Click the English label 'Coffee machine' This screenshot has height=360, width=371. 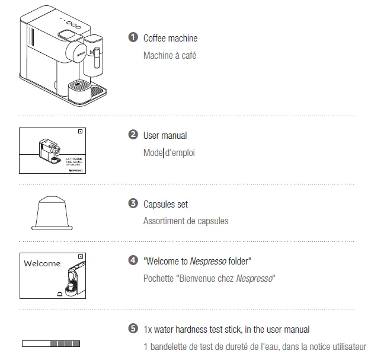170,39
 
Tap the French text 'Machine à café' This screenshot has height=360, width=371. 169,56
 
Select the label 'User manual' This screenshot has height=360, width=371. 165,136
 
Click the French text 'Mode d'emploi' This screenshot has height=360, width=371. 169,153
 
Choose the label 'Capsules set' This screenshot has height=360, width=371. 165,205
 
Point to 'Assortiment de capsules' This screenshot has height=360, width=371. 185,221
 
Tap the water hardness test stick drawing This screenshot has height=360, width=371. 50,343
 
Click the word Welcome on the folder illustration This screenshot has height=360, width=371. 41,263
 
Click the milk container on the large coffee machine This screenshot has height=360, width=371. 95,56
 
